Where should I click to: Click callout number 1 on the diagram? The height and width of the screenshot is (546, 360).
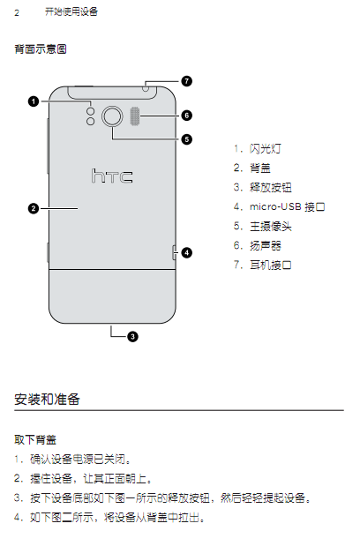pyautogui.click(x=34, y=101)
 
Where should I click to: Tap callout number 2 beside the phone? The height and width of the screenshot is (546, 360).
pyautogui.click(x=34, y=208)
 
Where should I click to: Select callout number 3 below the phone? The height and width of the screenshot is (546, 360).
pyautogui.click(x=132, y=336)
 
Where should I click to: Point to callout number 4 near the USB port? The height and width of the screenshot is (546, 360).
pyautogui.click(x=186, y=252)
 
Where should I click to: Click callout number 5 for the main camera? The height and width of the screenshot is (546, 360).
pyautogui.click(x=186, y=139)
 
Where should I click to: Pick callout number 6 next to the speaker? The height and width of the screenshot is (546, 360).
pyautogui.click(x=186, y=116)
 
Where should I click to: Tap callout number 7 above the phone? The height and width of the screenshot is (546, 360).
pyautogui.click(x=186, y=81)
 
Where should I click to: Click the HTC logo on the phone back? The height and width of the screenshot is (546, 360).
pyautogui.click(x=112, y=176)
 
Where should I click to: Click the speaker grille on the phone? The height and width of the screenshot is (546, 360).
pyautogui.click(x=135, y=116)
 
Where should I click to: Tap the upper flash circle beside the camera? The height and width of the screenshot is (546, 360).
pyautogui.click(x=91, y=112)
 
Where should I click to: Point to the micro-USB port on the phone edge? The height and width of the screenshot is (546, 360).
pyautogui.click(x=174, y=252)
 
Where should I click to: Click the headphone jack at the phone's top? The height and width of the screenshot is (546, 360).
pyautogui.click(x=146, y=88)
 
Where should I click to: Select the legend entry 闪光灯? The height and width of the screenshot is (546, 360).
pyautogui.click(x=266, y=149)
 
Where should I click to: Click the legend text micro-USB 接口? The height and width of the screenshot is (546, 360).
pyautogui.click(x=288, y=206)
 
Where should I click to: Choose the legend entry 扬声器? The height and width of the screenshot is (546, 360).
pyautogui.click(x=266, y=245)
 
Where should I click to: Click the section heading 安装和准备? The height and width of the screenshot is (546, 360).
pyautogui.click(x=47, y=399)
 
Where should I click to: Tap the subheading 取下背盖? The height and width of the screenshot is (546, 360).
pyautogui.click(x=35, y=439)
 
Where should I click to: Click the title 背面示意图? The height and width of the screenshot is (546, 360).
pyautogui.click(x=41, y=49)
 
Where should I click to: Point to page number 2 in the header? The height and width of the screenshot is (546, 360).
pyautogui.click(x=17, y=13)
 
